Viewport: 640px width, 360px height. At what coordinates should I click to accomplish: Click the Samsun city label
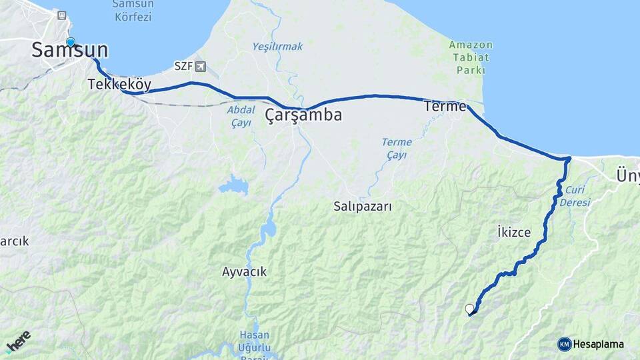70,51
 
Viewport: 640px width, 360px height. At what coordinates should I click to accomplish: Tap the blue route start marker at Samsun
70,42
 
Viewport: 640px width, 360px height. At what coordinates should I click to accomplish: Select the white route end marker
469,309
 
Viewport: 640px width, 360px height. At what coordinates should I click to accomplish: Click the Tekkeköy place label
119,85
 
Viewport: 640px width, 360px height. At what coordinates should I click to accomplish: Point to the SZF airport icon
201,66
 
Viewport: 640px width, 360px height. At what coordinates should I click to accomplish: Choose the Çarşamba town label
303,115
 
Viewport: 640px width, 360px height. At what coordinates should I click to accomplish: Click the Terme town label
445,106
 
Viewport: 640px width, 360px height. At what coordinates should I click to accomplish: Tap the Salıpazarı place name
363,207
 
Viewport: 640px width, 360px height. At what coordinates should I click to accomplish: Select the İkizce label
514,232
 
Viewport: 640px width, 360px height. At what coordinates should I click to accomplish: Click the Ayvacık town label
244,272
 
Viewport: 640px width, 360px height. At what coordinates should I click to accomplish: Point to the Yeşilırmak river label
277,47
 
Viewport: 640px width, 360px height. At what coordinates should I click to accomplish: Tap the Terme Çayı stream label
397,149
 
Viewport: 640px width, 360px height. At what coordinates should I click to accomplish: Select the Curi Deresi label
575,196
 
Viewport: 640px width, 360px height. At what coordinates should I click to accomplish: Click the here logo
19,340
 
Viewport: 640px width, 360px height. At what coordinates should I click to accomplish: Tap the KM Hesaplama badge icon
565,344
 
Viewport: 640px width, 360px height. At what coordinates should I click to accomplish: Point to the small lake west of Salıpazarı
233,185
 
